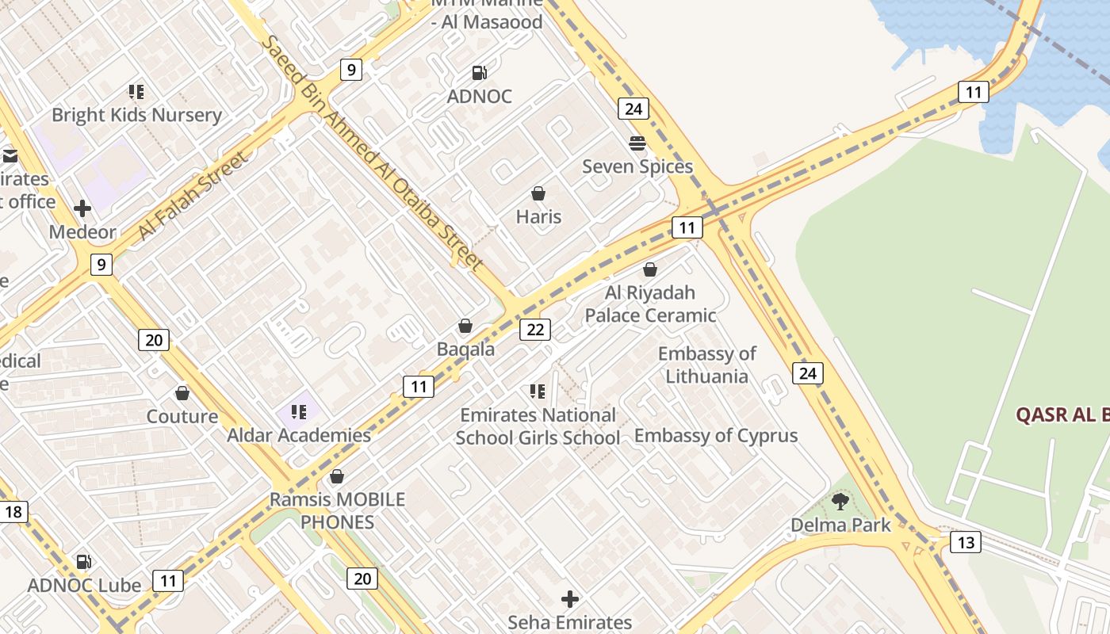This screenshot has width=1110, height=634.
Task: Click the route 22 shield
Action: tap(535, 329)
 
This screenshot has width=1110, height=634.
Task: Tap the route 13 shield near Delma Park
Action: tap(965, 542)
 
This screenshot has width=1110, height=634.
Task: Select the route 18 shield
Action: tap(13, 511)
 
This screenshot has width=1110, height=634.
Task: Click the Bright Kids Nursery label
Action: tap(136, 115)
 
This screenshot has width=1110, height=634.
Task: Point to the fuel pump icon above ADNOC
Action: tap(480, 73)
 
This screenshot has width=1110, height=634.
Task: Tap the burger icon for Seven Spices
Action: tap(637, 143)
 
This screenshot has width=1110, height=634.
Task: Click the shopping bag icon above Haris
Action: tap(538, 193)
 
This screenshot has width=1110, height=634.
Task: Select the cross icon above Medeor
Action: tap(82, 208)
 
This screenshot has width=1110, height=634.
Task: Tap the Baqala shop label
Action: tap(465, 349)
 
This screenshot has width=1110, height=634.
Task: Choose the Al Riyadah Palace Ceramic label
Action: tap(650, 304)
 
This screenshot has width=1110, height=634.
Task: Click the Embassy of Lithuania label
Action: tap(706, 365)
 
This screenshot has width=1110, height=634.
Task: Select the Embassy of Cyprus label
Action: tap(715, 435)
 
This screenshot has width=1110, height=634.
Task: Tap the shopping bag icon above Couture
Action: tap(182, 393)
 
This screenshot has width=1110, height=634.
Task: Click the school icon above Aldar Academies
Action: tap(299, 412)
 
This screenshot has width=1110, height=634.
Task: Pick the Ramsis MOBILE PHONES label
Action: tap(337, 510)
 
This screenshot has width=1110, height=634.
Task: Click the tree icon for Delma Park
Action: tap(840, 501)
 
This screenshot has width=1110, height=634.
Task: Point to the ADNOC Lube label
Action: tap(84, 586)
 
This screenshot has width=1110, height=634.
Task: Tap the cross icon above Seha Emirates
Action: tap(569, 599)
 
